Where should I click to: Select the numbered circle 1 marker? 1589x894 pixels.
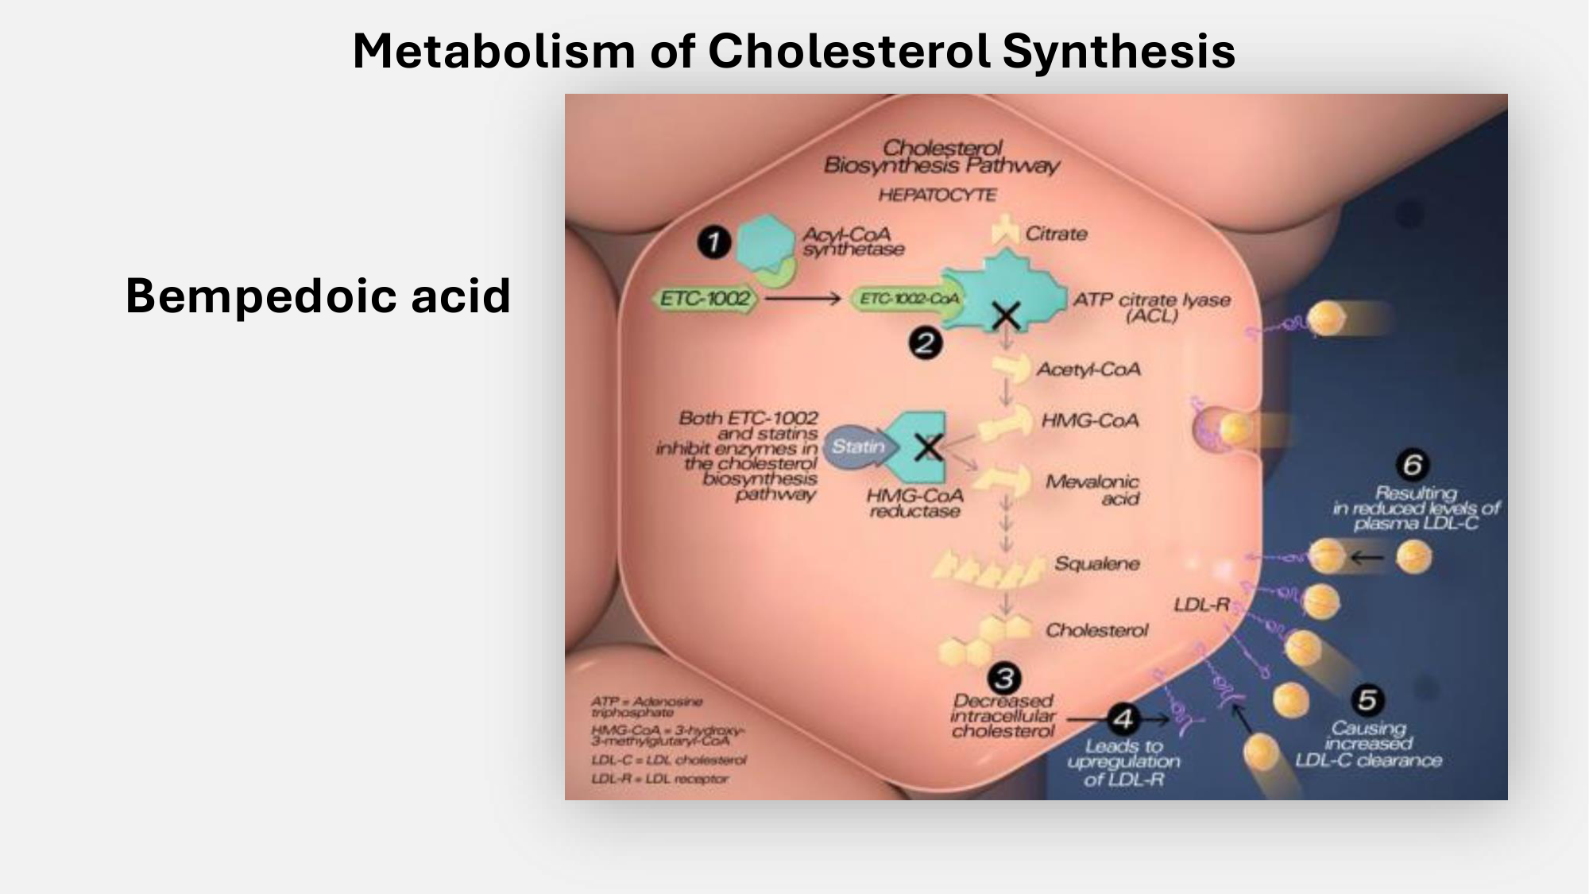(713, 242)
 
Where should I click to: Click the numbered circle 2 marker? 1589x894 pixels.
(925, 344)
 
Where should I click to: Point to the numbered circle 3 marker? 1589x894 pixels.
(1004, 678)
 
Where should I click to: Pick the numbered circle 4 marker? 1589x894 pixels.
(1123, 719)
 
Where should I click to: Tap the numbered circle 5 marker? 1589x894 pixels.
(1367, 700)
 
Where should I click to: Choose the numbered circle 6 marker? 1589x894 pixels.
(1412, 465)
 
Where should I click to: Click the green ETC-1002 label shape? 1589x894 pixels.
(706, 299)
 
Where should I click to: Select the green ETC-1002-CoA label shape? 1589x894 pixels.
(909, 299)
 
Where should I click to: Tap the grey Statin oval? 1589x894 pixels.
(858, 447)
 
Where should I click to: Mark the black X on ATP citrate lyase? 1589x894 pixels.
(1007, 316)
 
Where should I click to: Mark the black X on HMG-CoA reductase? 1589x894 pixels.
(928, 447)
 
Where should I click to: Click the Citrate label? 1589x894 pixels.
(1056, 234)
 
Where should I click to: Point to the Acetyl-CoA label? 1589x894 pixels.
(1088, 370)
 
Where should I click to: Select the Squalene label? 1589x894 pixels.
(1096, 563)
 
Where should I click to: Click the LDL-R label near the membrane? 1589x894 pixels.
(1201, 605)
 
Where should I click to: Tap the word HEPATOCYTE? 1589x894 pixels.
(938, 195)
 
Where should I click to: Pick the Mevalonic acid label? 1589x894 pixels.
(1093, 490)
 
